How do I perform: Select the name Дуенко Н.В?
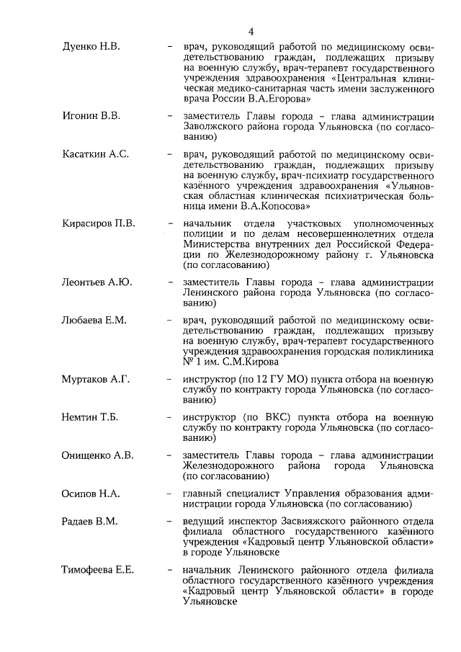click(90, 47)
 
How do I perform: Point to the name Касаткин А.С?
click(95, 153)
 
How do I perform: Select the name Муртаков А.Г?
click(96, 379)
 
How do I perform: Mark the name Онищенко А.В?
click(98, 455)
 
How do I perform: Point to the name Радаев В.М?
click(90, 521)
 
